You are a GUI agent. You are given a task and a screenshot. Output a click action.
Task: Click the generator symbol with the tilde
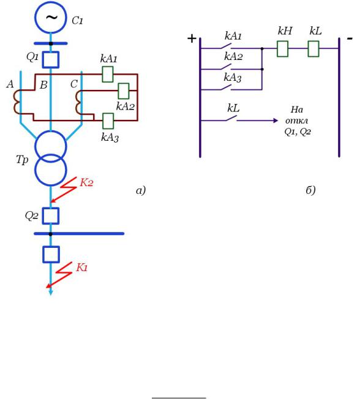coord(51,17)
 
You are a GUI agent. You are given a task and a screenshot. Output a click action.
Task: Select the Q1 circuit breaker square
coord(51,60)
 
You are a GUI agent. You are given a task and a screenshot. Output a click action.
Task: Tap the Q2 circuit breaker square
coord(51,216)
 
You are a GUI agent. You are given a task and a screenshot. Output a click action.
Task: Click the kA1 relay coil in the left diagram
coord(108,74)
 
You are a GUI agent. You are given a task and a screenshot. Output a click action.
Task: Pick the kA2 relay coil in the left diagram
coord(124,91)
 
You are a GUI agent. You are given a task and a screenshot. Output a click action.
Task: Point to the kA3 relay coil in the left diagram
coord(108,121)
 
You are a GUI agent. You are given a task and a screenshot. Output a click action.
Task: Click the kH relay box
coord(283,48)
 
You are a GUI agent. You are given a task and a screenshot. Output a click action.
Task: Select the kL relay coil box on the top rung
coord(313,48)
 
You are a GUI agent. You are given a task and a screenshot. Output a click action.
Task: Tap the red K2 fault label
coord(86,182)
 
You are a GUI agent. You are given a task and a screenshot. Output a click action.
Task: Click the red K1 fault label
coord(82,267)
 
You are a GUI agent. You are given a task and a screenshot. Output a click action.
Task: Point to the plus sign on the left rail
coord(192,39)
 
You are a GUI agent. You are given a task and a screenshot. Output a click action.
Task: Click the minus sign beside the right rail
coord(350,39)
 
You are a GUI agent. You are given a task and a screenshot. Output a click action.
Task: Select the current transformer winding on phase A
coord(17,102)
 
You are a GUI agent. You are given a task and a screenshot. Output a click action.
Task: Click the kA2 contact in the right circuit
coord(225,67)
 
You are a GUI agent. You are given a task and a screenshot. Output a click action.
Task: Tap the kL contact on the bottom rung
coord(231,118)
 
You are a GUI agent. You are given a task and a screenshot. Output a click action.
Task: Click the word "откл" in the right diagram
coord(296,121)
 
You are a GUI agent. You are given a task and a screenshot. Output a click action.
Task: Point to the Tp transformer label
coord(22,160)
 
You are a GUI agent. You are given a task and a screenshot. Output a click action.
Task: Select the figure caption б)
coord(310,190)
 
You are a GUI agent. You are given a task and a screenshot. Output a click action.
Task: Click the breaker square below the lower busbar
coord(51,254)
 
